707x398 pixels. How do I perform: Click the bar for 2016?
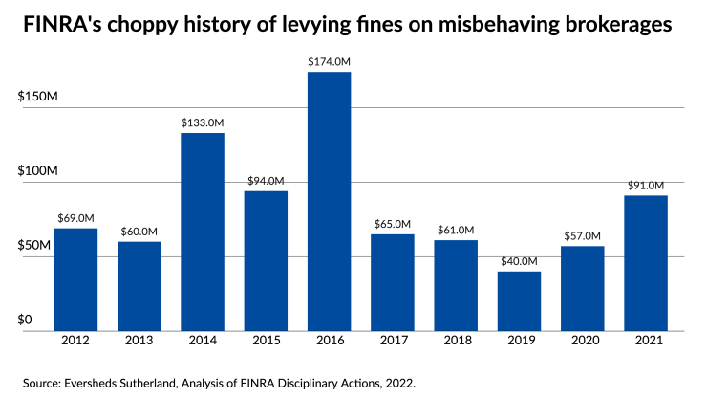(329, 201)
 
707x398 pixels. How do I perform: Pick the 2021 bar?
(646, 263)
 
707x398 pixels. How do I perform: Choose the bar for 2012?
(76, 279)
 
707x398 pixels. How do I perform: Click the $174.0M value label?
(329, 61)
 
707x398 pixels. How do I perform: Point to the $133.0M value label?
(203, 122)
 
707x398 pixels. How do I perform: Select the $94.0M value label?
(266, 181)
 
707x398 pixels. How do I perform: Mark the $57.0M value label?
(582, 235)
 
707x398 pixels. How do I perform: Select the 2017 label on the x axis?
(393, 341)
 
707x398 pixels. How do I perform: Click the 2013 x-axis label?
(139, 341)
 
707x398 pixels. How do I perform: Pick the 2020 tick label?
(582, 341)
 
